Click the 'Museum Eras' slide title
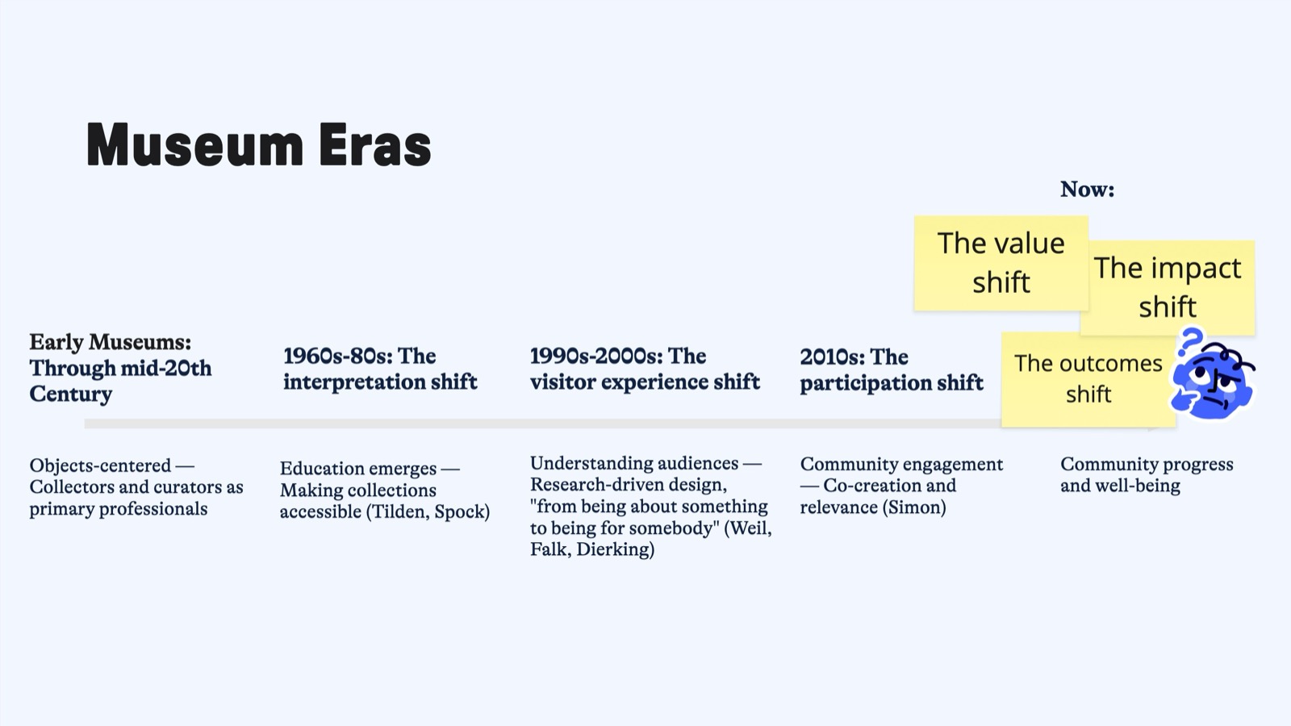click(x=259, y=144)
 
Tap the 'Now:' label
click(x=1087, y=189)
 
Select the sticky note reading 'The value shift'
click(x=1001, y=263)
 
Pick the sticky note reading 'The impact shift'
click(x=1168, y=287)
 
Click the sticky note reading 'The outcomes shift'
click(x=1088, y=379)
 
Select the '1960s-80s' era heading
click(x=380, y=369)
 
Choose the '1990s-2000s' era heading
click(x=645, y=369)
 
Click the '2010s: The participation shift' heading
click(x=892, y=369)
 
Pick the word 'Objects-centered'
click(x=100, y=465)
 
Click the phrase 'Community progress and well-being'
click(x=1147, y=475)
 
